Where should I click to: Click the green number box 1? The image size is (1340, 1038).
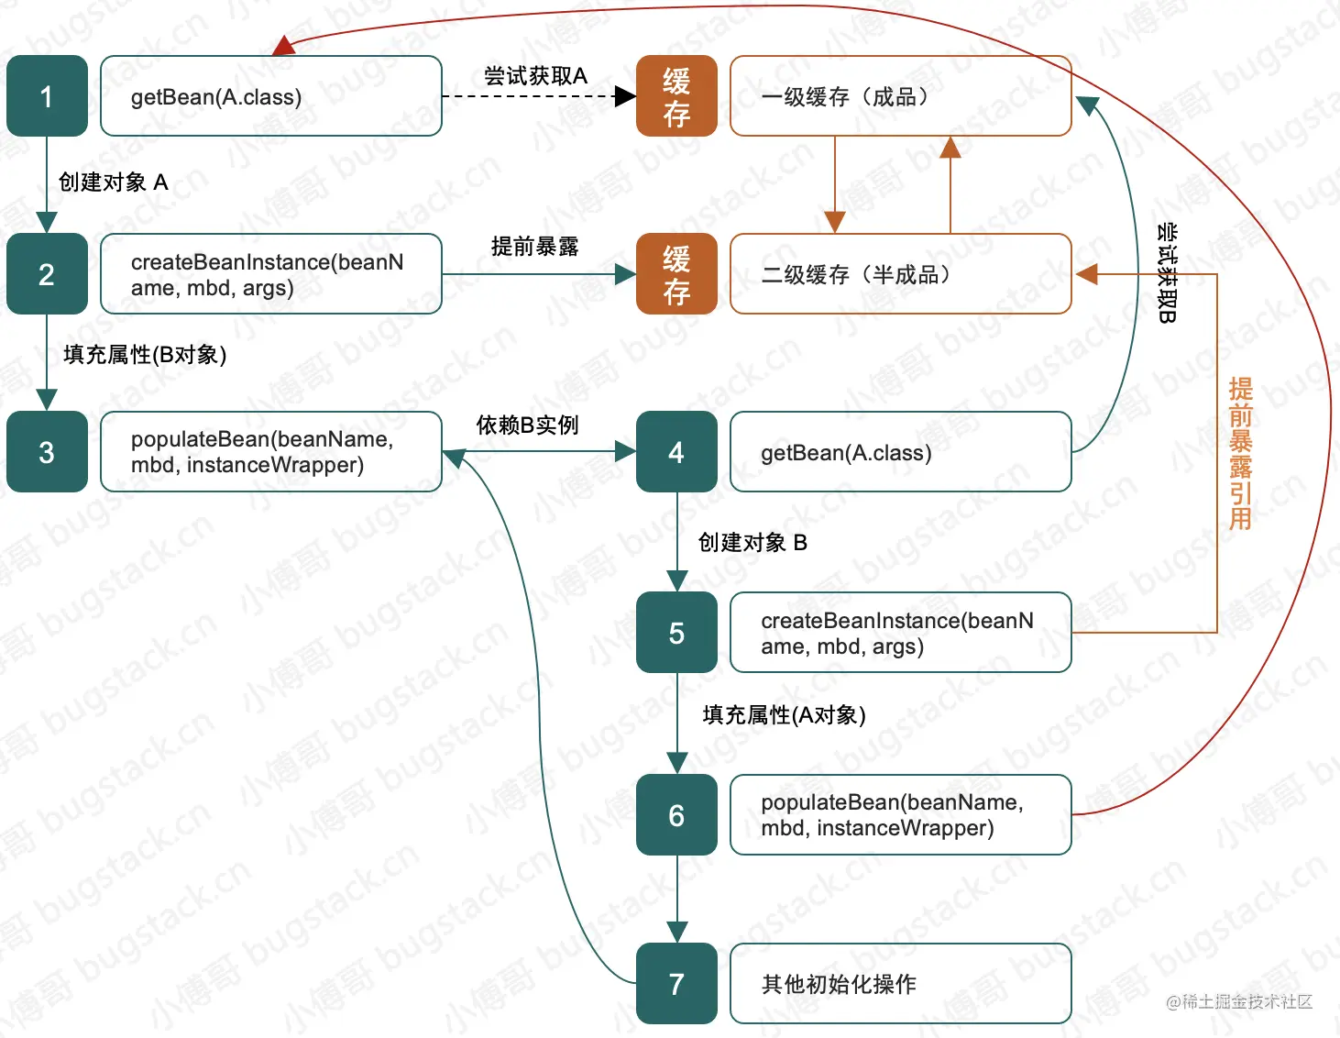point(47,96)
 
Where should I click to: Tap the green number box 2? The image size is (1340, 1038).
point(47,274)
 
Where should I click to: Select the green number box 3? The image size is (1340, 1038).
point(47,452)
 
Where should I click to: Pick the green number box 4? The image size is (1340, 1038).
point(676,452)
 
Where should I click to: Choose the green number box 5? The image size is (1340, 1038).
point(676,633)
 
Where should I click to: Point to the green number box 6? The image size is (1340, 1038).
point(676,815)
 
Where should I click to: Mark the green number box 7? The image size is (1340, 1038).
point(676,984)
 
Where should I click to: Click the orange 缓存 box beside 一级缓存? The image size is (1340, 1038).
point(676,96)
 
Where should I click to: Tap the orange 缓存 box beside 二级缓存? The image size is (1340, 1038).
point(676,274)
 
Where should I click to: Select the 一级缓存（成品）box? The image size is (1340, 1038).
point(900,96)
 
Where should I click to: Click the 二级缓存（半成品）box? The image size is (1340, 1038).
point(900,274)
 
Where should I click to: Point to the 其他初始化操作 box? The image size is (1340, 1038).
point(900,984)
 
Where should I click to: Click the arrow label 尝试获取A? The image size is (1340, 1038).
point(535,76)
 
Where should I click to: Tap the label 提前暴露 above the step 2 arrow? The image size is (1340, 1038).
point(535,247)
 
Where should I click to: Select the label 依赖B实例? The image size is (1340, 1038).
point(527,425)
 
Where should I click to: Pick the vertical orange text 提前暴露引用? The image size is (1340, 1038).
point(1240,453)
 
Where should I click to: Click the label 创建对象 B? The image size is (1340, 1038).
point(752,543)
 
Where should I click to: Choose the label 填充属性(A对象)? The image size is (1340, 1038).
point(784,715)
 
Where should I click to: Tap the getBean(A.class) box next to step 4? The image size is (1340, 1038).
point(900,452)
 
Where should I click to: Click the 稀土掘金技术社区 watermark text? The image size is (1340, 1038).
point(1239,1001)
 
